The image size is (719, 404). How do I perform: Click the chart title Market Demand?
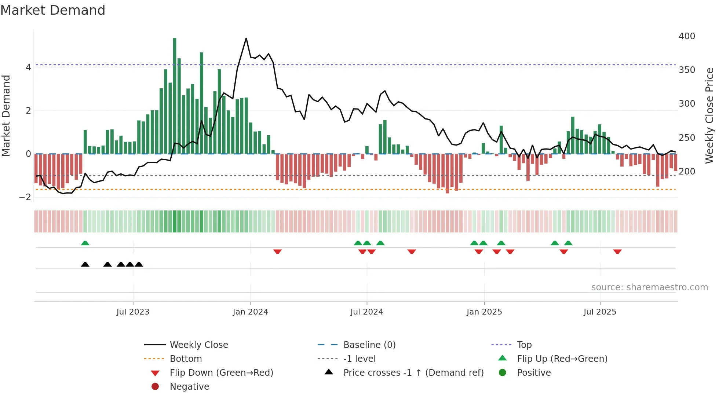(x=53, y=10)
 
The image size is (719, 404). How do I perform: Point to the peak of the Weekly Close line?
(x=246, y=38)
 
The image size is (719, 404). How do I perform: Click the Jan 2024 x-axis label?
(x=251, y=312)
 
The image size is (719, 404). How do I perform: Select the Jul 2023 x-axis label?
(x=133, y=312)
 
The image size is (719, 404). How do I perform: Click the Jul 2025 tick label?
(x=600, y=312)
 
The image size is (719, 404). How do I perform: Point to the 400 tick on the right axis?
(x=687, y=36)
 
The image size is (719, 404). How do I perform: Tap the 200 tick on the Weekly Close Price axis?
(x=687, y=172)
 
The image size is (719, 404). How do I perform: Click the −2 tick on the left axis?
(x=25, y=197)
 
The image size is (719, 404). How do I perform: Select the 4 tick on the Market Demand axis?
(x=28, y=67)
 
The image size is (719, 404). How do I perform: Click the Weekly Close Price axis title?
(x=709, y=115)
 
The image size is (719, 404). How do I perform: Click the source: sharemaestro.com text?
(x=649, y=287)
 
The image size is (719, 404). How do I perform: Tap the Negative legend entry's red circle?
(x=155, y=387)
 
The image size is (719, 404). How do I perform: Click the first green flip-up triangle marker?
(x=85, y=243)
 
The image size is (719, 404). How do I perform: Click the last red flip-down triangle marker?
(x=617, y=251)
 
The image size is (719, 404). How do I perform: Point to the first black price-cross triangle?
(x=85, y=265)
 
